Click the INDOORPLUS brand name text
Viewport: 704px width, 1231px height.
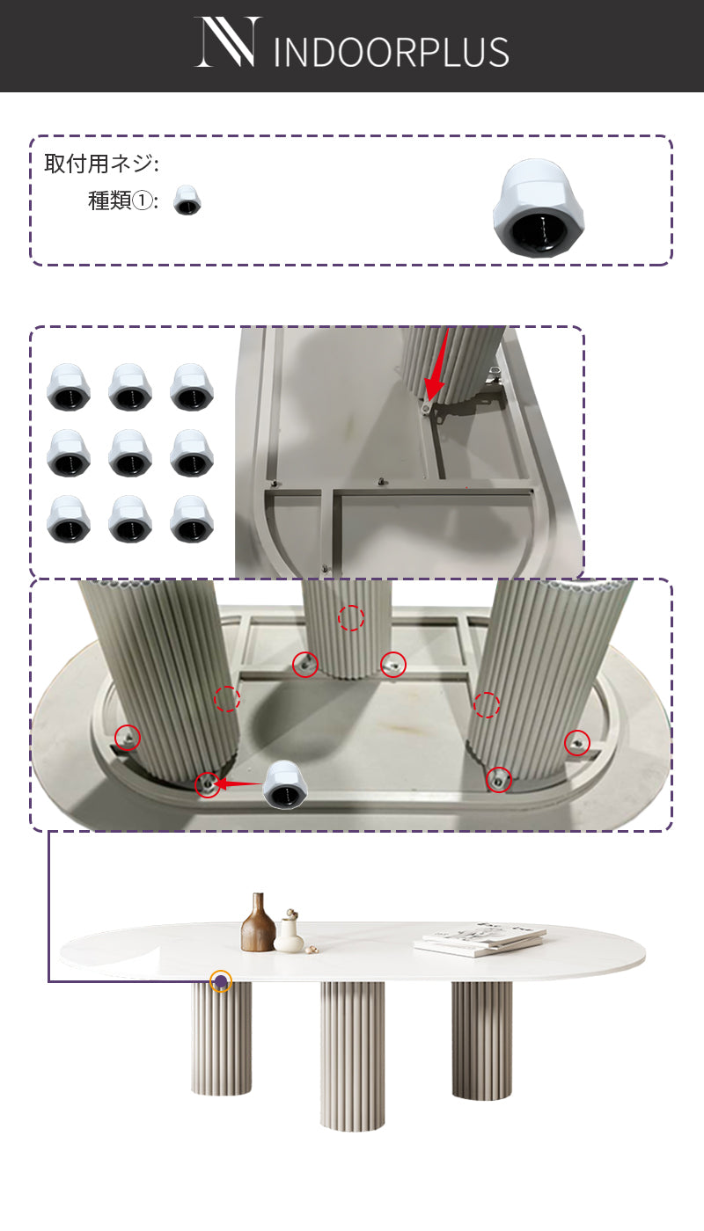click(391, 52)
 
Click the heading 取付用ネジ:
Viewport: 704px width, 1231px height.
click(102, 164)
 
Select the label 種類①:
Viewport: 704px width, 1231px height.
click(123, 200)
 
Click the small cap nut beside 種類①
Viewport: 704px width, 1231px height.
click(187, 200)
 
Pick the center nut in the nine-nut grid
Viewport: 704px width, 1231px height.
click(130, 453)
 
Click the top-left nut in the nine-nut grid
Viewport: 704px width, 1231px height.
click(69, 387)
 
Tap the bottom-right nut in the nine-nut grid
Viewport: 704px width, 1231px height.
click(192, 519)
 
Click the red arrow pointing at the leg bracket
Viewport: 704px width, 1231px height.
click(437, 366)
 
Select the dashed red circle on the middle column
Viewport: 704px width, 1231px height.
click(351, 618)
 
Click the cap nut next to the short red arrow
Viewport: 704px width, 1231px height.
click(283, 784)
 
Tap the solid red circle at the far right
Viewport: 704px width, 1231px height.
click(577, 743)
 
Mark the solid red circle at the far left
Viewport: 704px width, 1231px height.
click(127, 737)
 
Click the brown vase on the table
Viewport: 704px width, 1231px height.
click(257, 922)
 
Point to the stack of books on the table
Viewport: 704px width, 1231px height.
click(480, 939)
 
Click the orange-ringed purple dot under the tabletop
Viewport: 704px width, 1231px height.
click(221, 981)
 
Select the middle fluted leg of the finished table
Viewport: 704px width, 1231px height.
click(353, 1056)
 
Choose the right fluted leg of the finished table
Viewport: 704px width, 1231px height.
click(482, 1040)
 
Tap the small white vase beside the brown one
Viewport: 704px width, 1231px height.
click(290, 931)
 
